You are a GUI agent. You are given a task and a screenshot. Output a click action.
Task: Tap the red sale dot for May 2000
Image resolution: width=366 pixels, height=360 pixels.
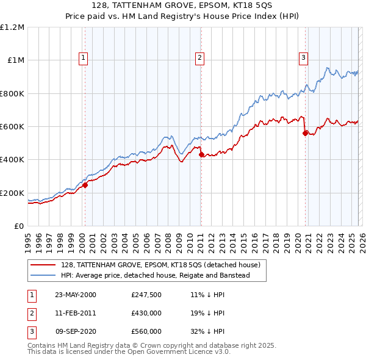(85, 185)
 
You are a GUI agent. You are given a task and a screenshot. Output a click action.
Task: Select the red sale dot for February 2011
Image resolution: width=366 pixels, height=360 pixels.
(201, 155)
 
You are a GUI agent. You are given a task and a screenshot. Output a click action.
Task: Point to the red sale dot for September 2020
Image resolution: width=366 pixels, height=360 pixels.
(305, 134)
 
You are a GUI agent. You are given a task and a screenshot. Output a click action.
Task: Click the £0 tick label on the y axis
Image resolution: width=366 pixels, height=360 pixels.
(18, 226)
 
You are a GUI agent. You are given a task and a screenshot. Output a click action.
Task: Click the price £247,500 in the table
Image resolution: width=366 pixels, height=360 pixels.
(146, 295)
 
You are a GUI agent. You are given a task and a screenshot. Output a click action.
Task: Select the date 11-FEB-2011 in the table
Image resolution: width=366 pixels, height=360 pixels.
(76, 313)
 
